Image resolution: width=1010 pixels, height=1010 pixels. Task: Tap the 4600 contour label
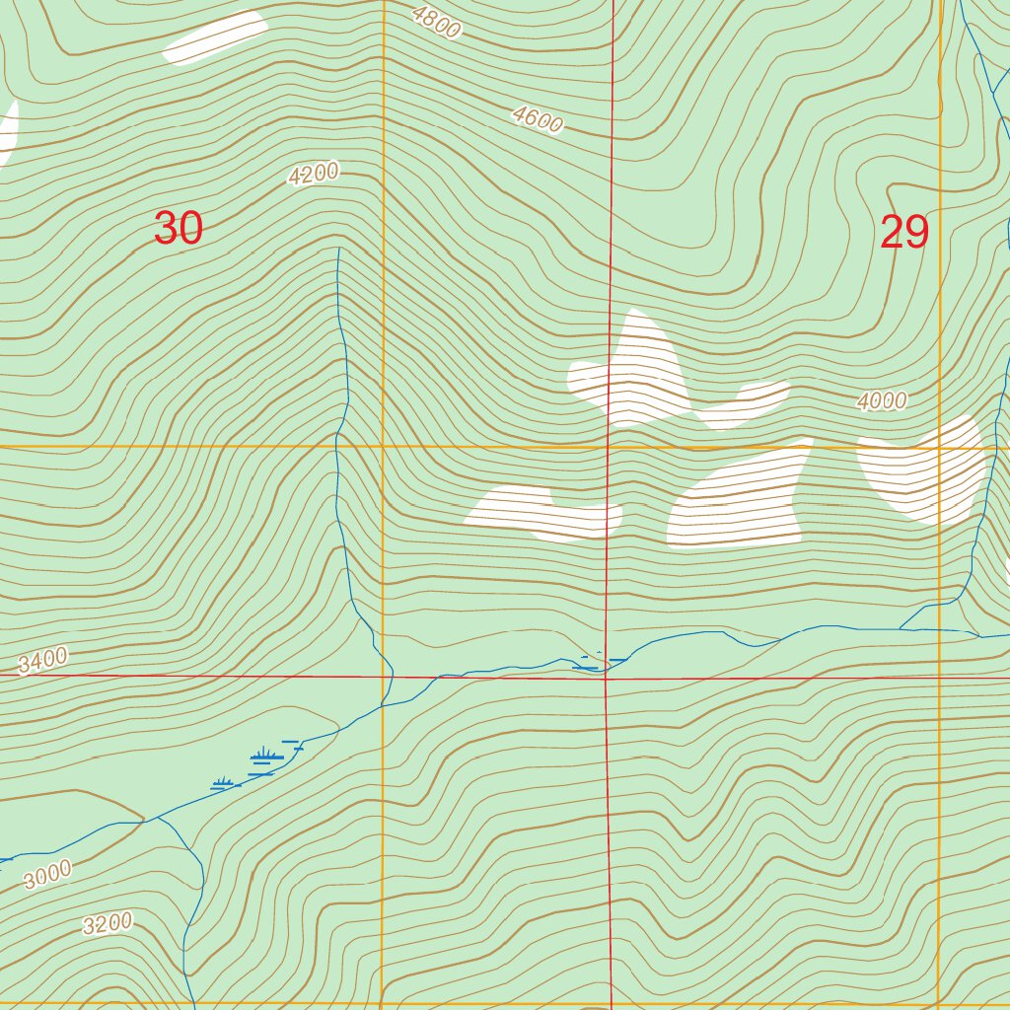coord(538,119)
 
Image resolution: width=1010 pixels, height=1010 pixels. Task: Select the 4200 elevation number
coord(314,175)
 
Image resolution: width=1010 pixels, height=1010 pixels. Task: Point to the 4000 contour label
coord(881,400)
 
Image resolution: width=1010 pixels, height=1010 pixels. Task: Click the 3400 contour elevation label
coord(42,660)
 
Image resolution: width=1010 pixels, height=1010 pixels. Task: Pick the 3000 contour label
coord(47,874)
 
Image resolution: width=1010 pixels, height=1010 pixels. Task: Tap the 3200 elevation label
coord(108,924)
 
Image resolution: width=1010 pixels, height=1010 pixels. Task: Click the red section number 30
coord(179,229)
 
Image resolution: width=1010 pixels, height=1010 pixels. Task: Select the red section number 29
coord(903,233)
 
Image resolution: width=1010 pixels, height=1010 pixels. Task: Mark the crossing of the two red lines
coord(607,678)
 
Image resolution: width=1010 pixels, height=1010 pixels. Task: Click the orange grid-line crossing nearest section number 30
coord(383,447)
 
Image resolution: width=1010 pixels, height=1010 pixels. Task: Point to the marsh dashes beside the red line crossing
coord(592,663)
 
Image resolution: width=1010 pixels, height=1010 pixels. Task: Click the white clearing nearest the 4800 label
coord(215,36)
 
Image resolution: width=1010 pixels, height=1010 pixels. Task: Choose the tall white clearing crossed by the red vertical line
coord(636,370)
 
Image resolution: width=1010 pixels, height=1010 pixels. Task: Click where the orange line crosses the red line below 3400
coord(383,677)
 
